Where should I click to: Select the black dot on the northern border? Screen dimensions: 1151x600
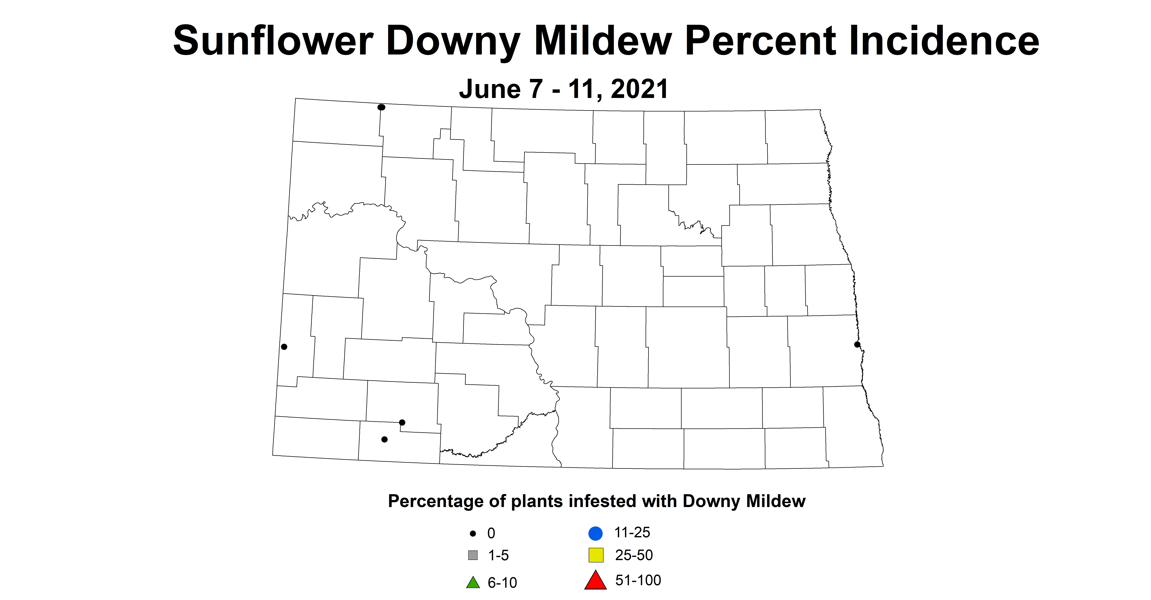pos(381,107)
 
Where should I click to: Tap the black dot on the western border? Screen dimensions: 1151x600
pos(284,347)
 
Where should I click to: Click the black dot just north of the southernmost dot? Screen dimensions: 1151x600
pos(402,422)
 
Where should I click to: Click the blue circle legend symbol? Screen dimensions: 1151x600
pos(596,533)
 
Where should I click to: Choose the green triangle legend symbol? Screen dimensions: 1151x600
pos(473,583)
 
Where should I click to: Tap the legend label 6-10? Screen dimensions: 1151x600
pos(502,583)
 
